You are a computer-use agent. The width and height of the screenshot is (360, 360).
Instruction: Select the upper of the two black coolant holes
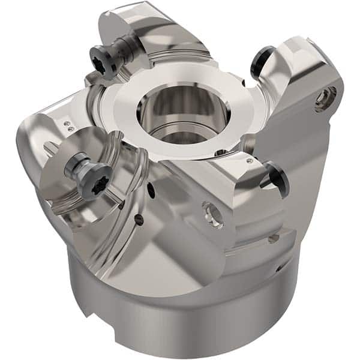151,192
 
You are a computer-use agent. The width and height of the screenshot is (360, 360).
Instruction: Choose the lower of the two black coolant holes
140,221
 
